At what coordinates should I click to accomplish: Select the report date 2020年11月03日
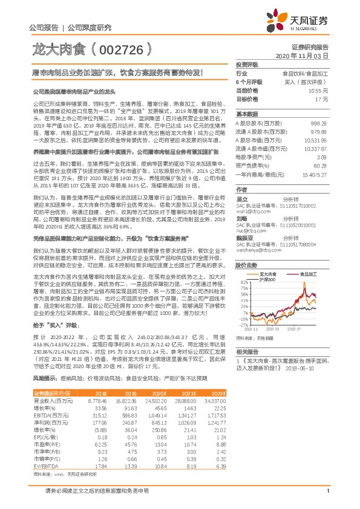click(306, 55)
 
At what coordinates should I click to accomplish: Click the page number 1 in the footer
click(327, 498)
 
